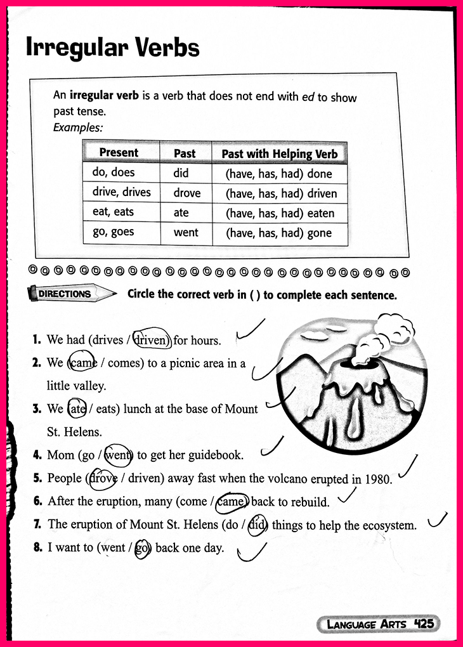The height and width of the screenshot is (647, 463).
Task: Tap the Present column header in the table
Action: click(119, 152)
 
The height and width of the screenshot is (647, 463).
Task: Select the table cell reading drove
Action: click(186, 193)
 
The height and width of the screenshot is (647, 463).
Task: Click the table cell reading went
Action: click(186, 232)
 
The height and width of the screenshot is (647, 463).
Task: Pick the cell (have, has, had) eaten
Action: click(280, 213)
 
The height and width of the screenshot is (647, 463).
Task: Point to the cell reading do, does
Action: click(114, 173)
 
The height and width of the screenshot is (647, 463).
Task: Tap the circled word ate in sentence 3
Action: click(77, 409)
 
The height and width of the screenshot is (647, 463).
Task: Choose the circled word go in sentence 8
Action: click(141, 547)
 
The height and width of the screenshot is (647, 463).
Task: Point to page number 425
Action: click(423, 624)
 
